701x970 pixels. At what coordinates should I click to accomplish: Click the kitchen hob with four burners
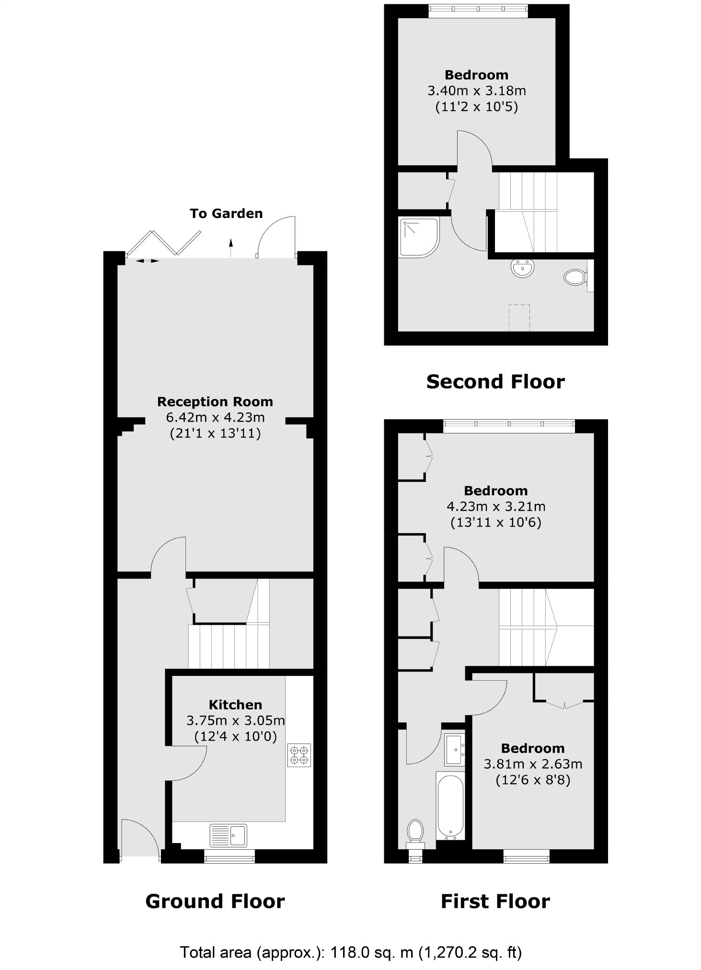tap(299, 755)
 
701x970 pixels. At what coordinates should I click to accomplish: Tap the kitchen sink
tap(228, 835)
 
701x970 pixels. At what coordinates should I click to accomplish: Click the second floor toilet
tap(575, 276)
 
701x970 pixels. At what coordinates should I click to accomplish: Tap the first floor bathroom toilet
tap(415, 831)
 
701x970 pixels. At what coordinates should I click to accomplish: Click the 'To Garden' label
tap(226, 214)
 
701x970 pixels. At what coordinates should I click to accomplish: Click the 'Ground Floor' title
tap(215, 902)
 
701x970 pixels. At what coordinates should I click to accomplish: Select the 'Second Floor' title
tap(495, 382)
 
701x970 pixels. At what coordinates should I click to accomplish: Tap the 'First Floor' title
tap(495, 902)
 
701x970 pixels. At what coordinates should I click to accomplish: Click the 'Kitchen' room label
tap(235, 705)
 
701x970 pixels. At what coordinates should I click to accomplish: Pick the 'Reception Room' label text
tap(215, 401)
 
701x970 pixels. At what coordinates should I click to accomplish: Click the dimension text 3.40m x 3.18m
tap(476, 91)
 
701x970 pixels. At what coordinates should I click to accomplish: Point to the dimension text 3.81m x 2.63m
tap(533, 764)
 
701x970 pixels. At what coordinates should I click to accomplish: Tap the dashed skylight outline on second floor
tap(519, 317)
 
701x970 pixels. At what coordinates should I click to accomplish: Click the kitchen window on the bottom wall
tap(230, 856)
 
